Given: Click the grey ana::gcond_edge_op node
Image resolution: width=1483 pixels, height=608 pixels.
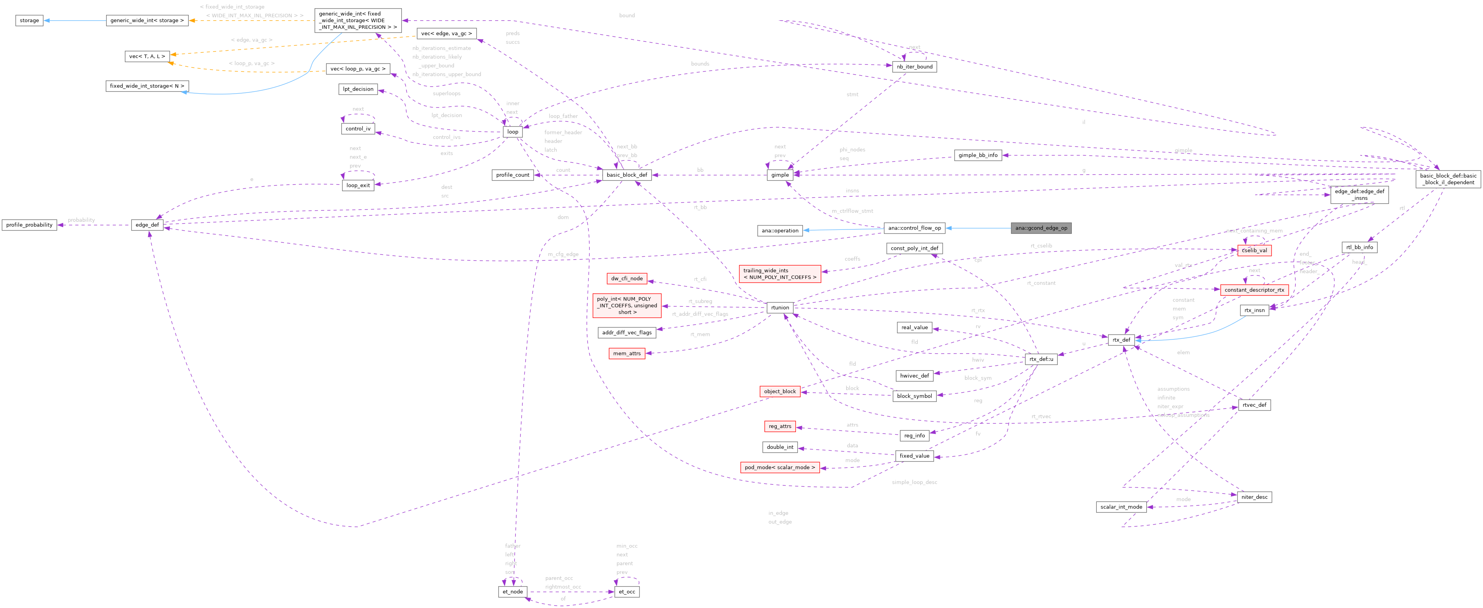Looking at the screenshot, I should pyautogui.click(x=1041, y=228).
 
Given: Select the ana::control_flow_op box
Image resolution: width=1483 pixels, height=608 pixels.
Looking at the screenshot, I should pyautogui.click(x=914, y=228).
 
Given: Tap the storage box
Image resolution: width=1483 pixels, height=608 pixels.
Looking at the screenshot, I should pyautogui.click(x=29, y=21).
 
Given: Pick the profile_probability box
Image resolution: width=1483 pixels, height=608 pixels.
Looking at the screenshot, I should pyautogui.click(x=29, y=225).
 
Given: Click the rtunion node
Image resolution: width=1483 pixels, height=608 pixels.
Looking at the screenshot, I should pyautogui.click(x=780, y=308).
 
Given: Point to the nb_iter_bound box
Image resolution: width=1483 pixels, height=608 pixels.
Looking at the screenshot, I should pyautogui.click(x=914, y=67).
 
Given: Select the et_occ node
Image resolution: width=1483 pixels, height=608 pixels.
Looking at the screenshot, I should pyautogui.click(x=626, y=592).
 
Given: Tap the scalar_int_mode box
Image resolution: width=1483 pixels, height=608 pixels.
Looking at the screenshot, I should pyautogui.click(x=1121, y=507).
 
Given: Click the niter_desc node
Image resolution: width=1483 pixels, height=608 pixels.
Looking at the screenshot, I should pyautogui.click(x=1254, y=497).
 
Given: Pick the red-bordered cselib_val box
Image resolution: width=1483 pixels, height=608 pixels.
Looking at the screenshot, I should pyautogui.click(x=1254, y=251).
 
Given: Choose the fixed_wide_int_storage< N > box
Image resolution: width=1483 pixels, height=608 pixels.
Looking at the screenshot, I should pyautogui.click(x=147, y=86).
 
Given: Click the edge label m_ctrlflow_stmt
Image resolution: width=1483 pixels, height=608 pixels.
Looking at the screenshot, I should pyautogui.click(x=852, y=211).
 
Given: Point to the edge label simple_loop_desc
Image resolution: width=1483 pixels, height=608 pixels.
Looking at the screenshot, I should pyautogui.click(x=914, y=482).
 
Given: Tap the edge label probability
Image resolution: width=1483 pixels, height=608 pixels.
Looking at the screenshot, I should pyautogui.click(x=81, y=220).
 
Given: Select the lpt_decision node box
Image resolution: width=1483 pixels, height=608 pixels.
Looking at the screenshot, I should pyautogui.click(x=358, y=89).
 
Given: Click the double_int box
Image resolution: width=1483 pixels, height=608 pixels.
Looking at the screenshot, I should pyautogui.click(x=780, y=447).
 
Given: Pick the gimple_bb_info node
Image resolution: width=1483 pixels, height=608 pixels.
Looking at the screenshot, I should pyautogui.click(x=977, y=155).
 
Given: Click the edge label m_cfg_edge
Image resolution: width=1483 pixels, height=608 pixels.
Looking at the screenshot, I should pyautogui.click(x=563, y=254).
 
